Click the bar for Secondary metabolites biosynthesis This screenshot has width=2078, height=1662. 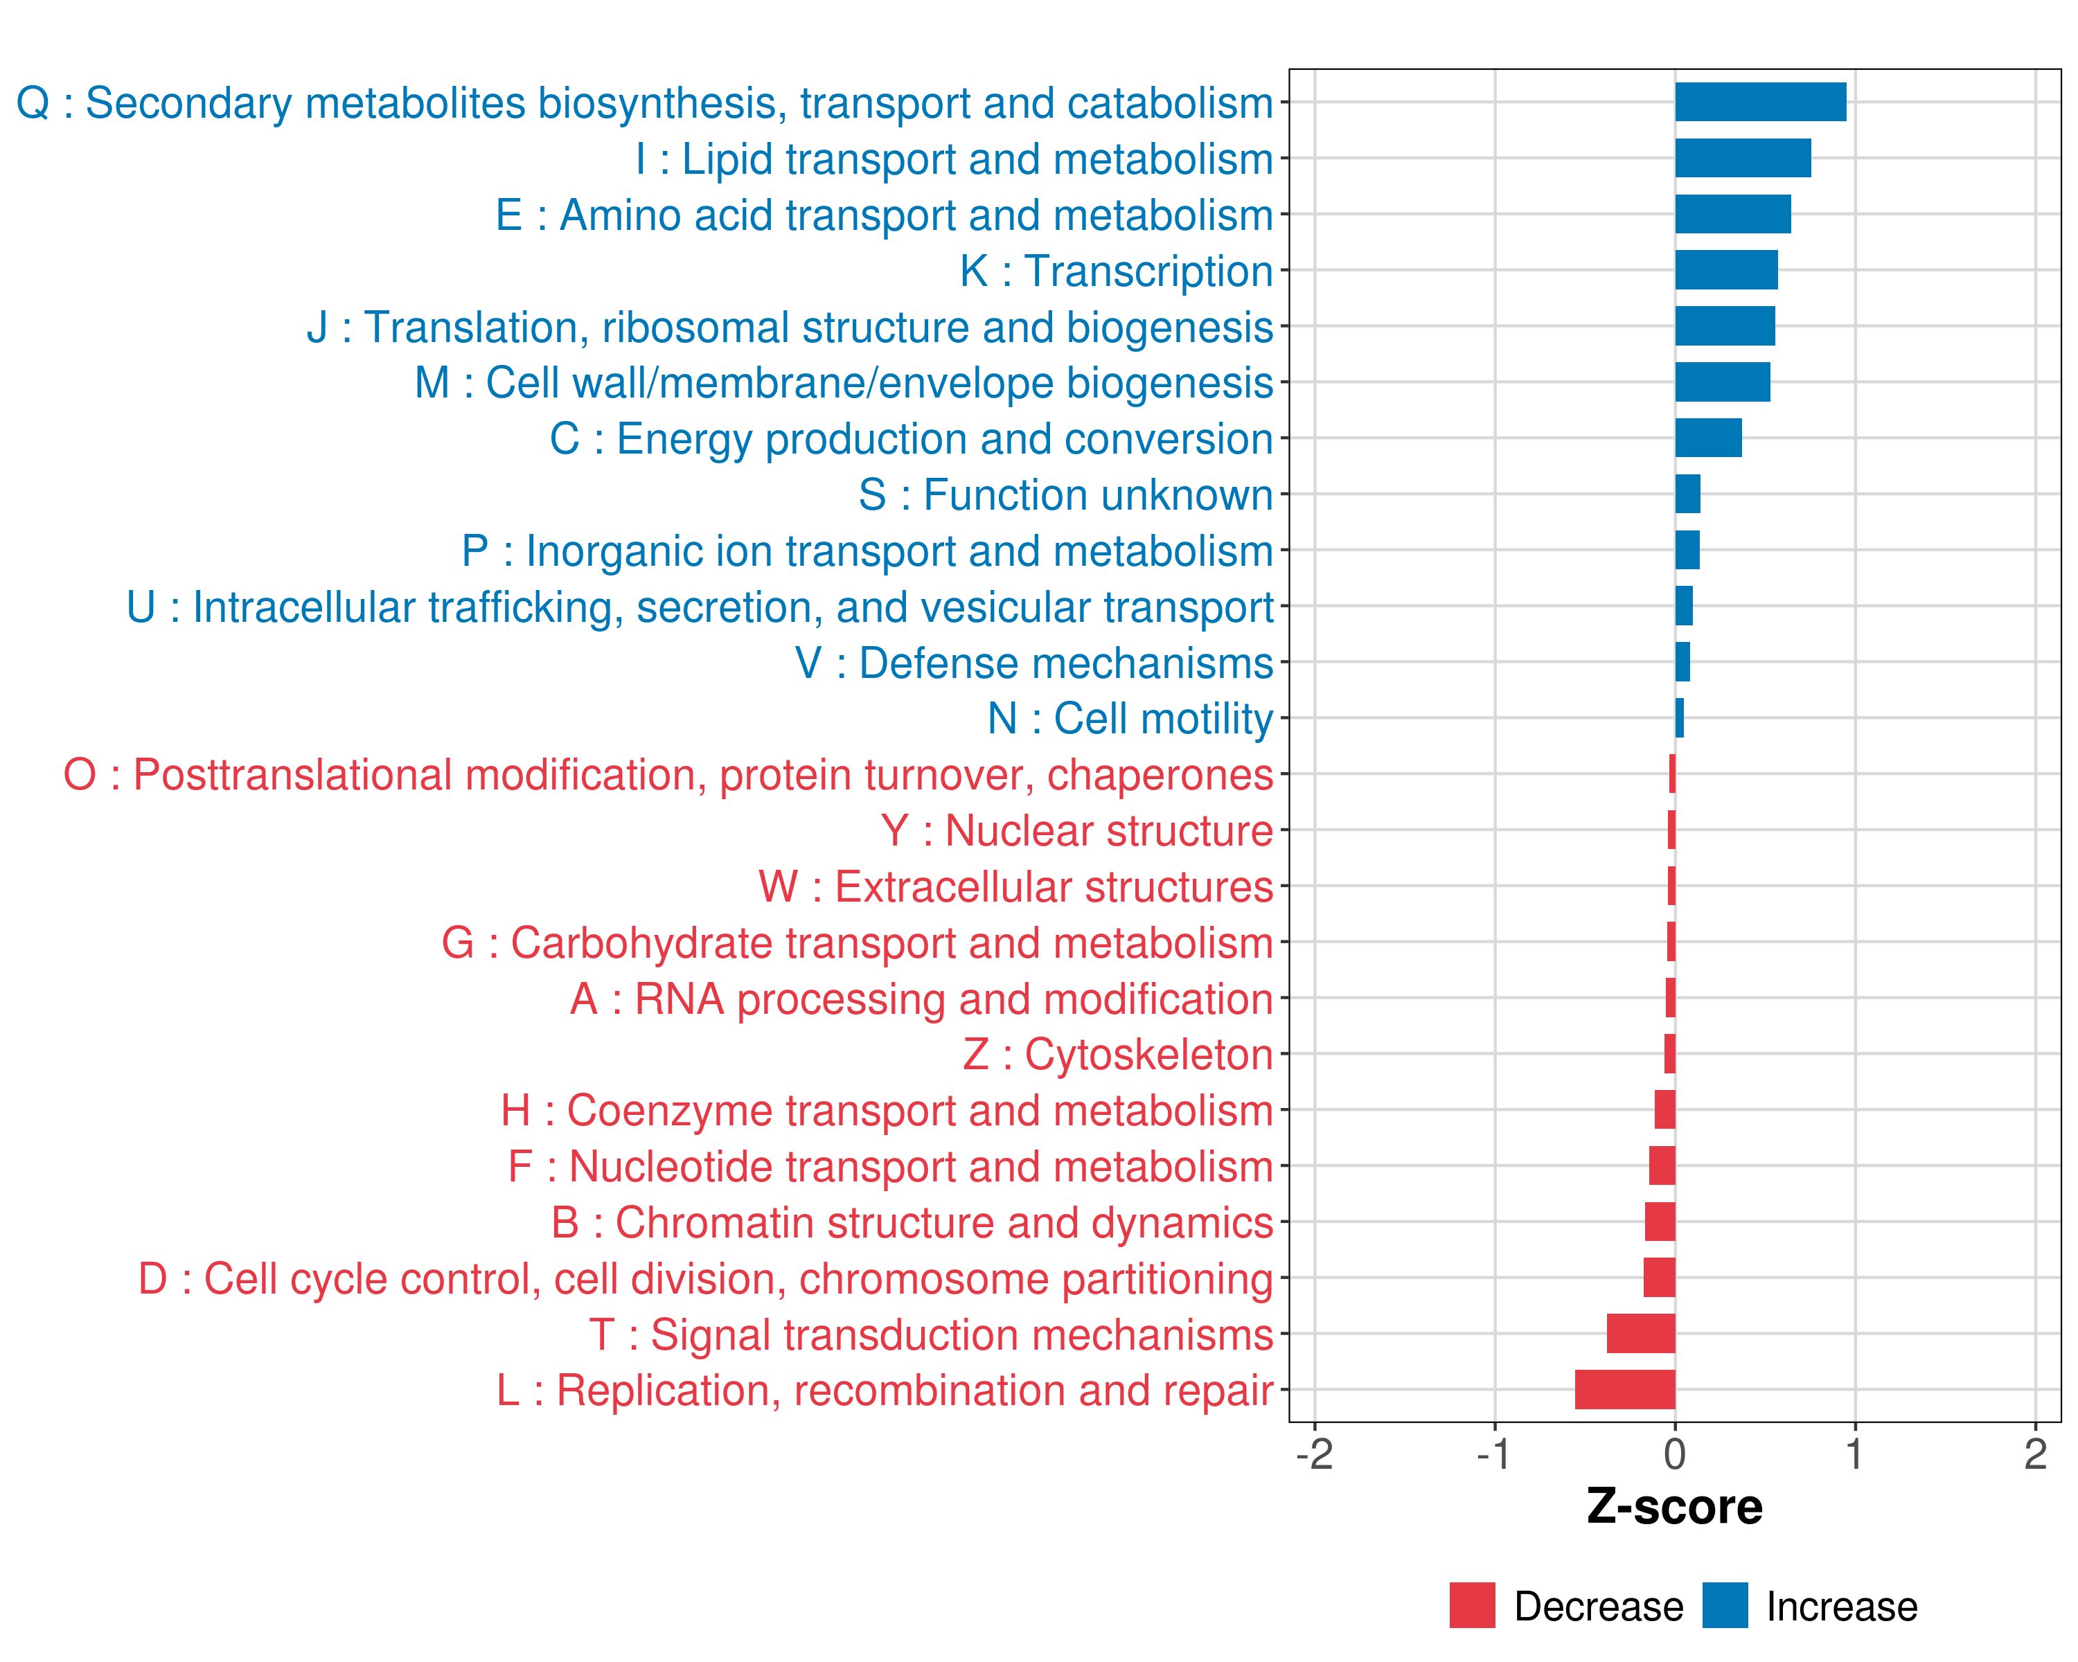point(1760,102)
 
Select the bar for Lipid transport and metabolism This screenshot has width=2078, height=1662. point(1743,158)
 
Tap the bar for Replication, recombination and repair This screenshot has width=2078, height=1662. point(1625,1389)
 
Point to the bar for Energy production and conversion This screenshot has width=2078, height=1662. point(1708,438)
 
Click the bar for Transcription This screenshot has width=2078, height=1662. point(1726,270)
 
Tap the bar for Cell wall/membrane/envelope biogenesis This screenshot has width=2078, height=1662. point(1723,382)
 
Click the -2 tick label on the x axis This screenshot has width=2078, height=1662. point(1315,1454)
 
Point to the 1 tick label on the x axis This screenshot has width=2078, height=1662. point(1854,1454)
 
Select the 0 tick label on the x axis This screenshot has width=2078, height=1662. point(1675,1454)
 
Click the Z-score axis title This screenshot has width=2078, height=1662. point(1674,1507)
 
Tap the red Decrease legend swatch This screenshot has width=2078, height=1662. point(1472,1605)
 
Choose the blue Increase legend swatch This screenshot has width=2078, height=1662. point(1724,1605)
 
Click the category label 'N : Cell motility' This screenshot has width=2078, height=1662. point(1130,719)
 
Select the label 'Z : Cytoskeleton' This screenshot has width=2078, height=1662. point(1118,1055)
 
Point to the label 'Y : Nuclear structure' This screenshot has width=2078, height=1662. point(1076,830)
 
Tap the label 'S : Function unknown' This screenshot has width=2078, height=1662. point(1066,495)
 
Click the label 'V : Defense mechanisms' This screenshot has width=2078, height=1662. point(1034,663)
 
